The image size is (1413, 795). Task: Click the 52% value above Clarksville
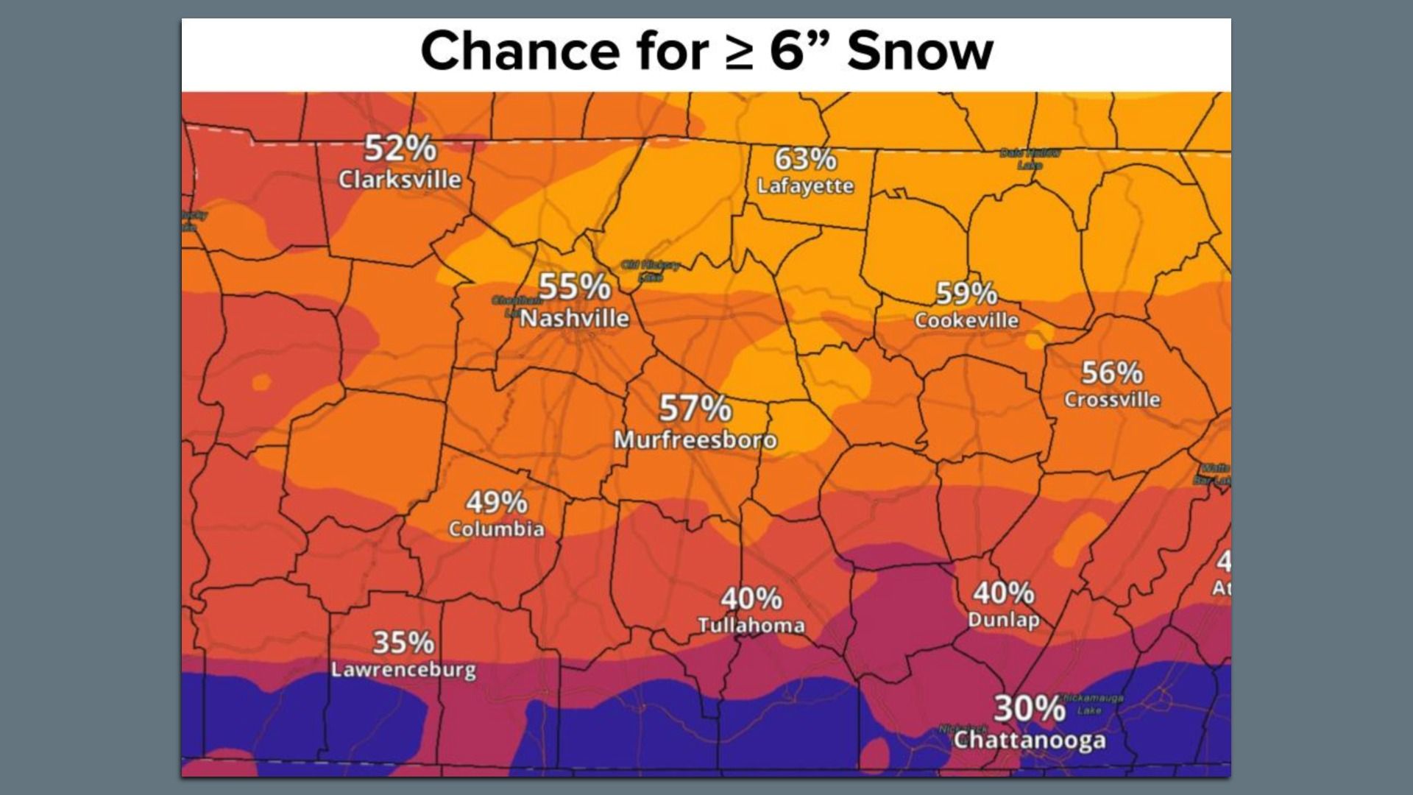(x=400, y=149)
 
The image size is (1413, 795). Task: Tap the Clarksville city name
(x=400, y=180)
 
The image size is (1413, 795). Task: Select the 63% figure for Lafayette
(x=805, y=159)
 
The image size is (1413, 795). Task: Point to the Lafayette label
(x=805, y=185)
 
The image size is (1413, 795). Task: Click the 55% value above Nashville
(x=574, y=287)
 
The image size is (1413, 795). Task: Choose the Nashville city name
(x=575, y=319)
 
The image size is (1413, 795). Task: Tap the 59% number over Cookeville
(x=966, y=294)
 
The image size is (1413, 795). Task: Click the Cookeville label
(x=966, y=320)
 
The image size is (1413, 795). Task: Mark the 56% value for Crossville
(x=1111, y=373)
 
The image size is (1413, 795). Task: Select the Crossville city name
(x=1111, y=400)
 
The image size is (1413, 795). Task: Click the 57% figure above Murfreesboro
(x=695, y=409)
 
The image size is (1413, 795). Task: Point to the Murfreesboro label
(x=695, y=440)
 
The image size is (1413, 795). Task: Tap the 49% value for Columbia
(x=496, y=503)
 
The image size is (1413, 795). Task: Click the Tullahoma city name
(x=751, y=626)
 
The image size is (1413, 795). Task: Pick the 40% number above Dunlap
(x=1003, y=593)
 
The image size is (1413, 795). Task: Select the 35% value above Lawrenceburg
(x=403, y=643)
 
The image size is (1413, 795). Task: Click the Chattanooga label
(x=1029, y=740)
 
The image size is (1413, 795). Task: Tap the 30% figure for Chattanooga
(x=1029, y=709)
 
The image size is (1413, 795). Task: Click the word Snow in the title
(x=920, y=52)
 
